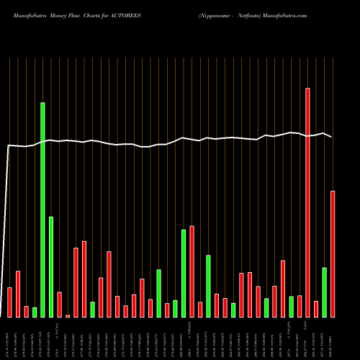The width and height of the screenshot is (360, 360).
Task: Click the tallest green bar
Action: pos(42,209)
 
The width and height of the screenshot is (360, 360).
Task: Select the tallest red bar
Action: pos(307,202)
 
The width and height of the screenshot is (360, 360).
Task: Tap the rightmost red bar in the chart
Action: pos(333,253)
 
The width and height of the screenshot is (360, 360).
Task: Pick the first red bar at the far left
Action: pos(9,302)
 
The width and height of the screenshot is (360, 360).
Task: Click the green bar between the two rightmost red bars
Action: pos(324,292)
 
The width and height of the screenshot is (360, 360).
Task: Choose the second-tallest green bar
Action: pos(51,266)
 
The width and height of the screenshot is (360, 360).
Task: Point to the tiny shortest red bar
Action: pos(68,315)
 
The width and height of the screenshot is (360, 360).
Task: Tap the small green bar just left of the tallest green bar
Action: pos(35,312)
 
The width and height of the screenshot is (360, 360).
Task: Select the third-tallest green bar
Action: pos(184,273)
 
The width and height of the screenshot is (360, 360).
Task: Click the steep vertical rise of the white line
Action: pos(7,230)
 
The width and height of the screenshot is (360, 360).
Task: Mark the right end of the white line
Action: pos(331,137)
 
